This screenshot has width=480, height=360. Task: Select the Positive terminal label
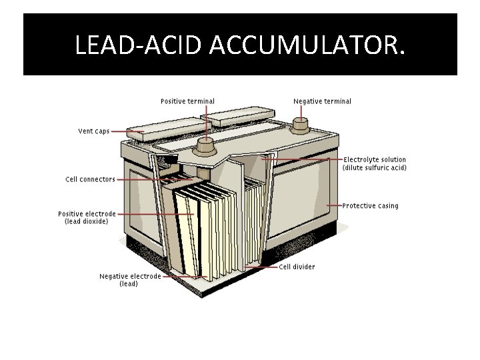[x=187, y=101]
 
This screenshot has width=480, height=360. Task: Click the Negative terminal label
[x=322, y=101]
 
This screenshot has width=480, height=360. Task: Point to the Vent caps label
[x=93, y=131]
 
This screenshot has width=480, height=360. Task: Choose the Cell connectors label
[x=90, y=179]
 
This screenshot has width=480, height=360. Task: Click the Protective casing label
[x=370, y=205]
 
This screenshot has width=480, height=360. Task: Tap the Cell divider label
[x=297, y=267]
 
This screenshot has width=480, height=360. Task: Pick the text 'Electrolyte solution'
[x=374, y=160]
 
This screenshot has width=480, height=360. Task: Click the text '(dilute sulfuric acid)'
[x=374, y=168]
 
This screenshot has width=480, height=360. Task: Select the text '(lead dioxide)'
[x=86, y=221]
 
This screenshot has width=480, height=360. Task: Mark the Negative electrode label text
[x=130, y=276]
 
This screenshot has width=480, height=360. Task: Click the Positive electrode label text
[x=87, y=214]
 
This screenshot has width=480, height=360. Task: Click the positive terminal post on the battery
[x=204, y=143]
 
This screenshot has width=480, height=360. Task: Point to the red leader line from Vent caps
[x=127, y=132]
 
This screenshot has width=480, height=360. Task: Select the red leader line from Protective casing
[x=333, y=205]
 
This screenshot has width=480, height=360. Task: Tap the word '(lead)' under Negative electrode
[x=129, y=284]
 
